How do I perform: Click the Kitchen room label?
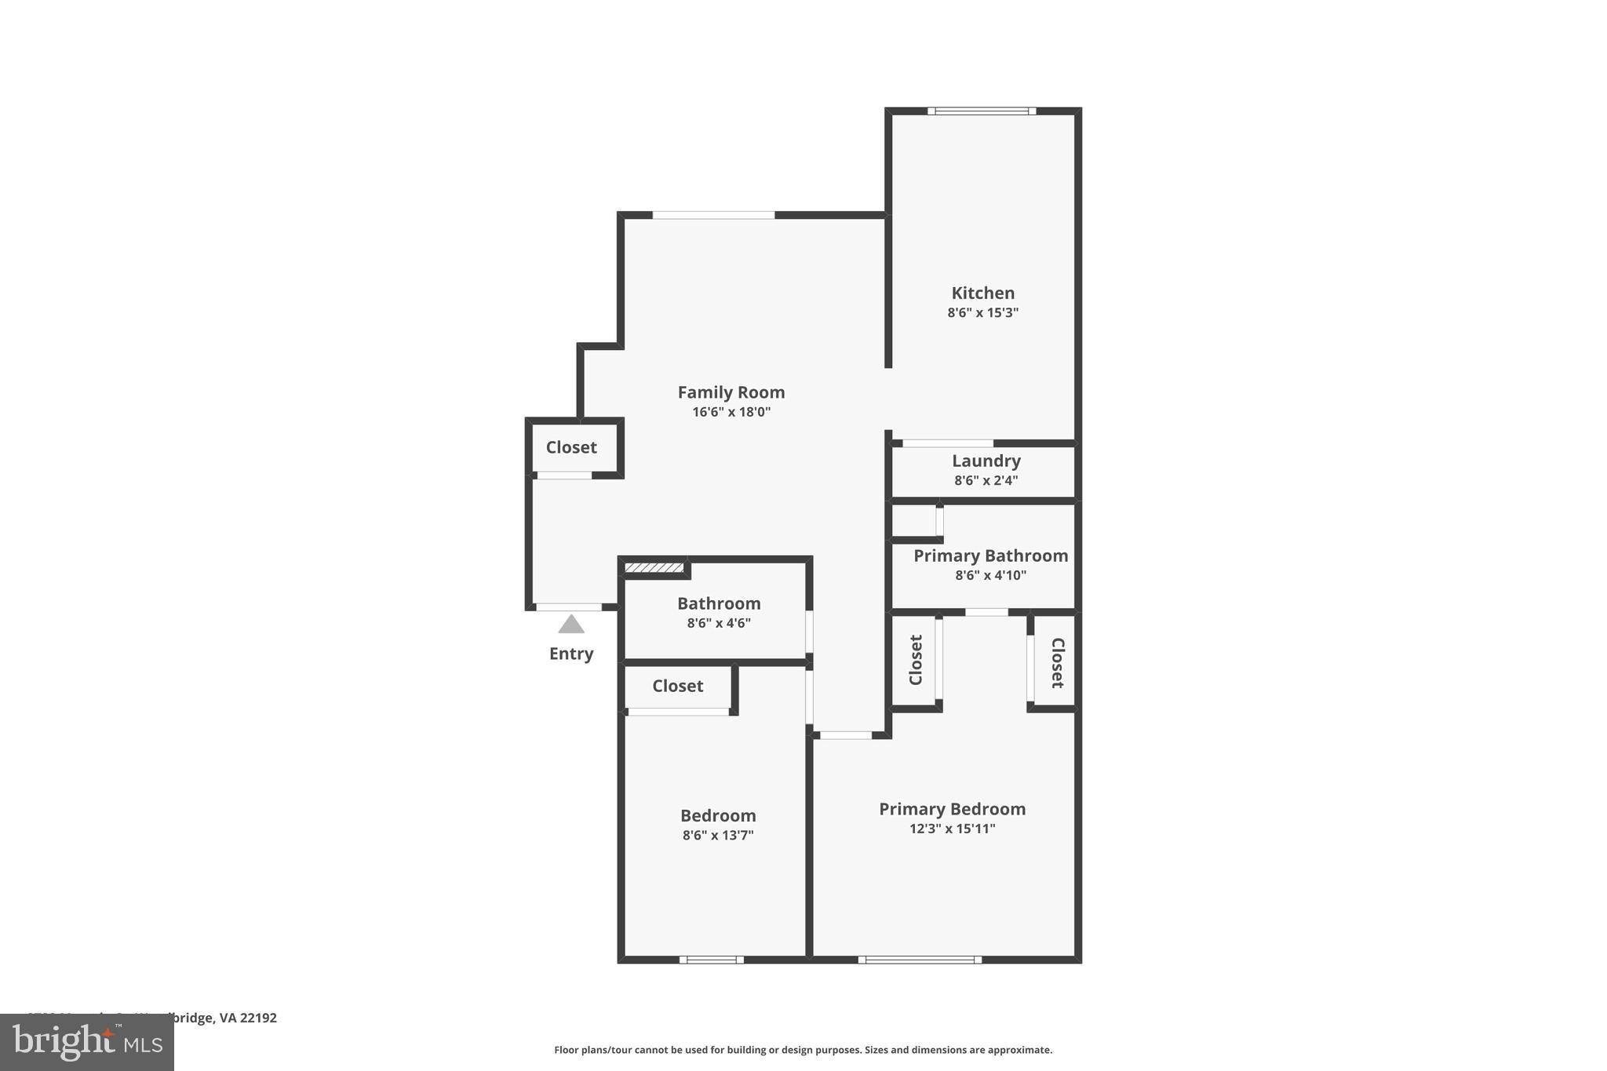(x=982, y=293)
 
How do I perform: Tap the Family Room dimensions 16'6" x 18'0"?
(x=731, y=412)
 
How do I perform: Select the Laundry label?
(x=986, y=461)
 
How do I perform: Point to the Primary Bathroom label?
(x=990, y=556)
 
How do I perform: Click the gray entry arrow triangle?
(x=571, y=625)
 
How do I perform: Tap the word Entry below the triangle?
(x=571, y=654)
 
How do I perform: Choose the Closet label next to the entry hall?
(x=571, y=447)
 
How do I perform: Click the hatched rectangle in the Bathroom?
(x=654, y=567)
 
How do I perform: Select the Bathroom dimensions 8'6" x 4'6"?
(x=719, y=623)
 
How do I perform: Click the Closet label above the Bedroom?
(x=677, y=686)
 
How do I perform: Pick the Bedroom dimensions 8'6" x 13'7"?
(x=718, y=835)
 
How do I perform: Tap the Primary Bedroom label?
(x=952, y=809)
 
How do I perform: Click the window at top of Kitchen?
(x=981, y=111)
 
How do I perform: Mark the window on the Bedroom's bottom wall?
(x=711, y=959)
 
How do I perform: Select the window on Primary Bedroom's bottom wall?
(x=920, y=959)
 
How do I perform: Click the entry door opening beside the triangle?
(x=569, y=607)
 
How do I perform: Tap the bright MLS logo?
(x=87, y=1042)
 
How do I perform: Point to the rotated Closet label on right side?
(x=1057, y=663)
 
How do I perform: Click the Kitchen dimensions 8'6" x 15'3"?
(x=982, y=312)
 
